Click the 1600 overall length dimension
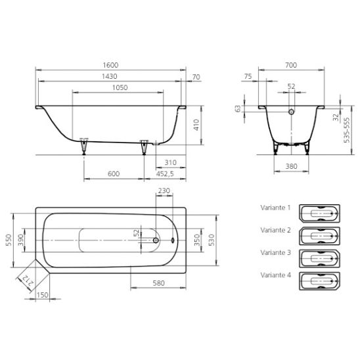[110, 65]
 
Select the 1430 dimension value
[110, 76]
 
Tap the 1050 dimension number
[120, 87]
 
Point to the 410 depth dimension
[196, 125]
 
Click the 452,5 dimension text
[165, 174]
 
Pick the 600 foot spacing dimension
[114, 173]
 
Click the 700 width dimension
[291, 65]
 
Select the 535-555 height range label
[347, 130]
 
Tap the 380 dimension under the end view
[292, 166]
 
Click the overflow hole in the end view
[292, 112]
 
